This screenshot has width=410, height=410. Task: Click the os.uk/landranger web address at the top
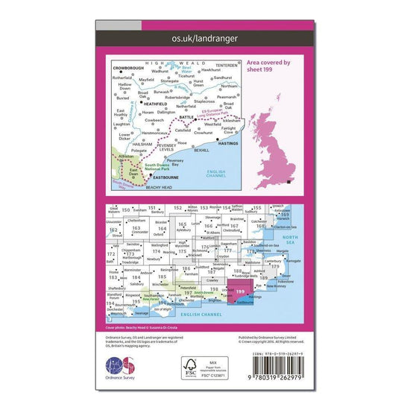[204, 34]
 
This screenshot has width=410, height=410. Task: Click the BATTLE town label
[186, 117]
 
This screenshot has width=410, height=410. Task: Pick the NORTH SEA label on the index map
[288, 239]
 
